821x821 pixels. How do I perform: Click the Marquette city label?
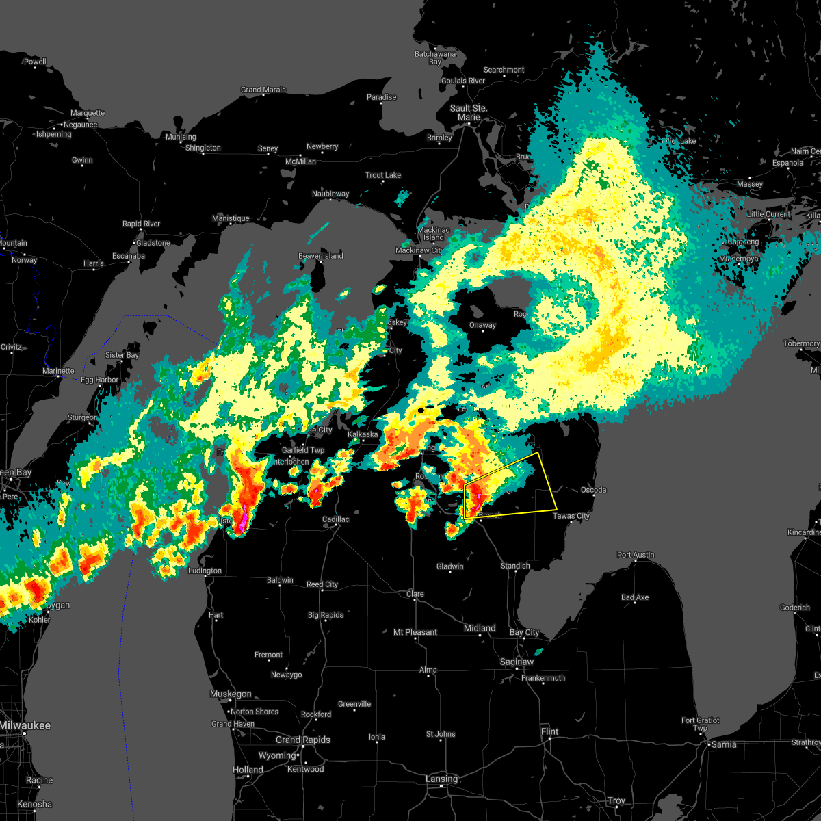88,113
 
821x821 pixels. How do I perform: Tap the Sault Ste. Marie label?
469,112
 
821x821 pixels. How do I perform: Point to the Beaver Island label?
321,256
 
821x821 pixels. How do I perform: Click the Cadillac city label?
335,519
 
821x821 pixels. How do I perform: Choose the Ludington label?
205,571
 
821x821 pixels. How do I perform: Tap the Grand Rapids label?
302,740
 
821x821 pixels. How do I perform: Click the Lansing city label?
441,779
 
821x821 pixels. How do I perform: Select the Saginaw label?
517,662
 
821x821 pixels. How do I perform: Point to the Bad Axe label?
634,597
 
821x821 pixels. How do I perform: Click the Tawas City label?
571,516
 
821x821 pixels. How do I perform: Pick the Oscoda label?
593,490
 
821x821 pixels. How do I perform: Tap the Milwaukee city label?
25,725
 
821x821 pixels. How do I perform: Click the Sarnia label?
724,744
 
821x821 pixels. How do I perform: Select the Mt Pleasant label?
415,632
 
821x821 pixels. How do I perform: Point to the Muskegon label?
231,694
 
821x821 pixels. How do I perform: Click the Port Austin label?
635,555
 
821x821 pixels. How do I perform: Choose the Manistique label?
231,218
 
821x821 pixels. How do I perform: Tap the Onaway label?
482,325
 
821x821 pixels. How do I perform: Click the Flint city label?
549,731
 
